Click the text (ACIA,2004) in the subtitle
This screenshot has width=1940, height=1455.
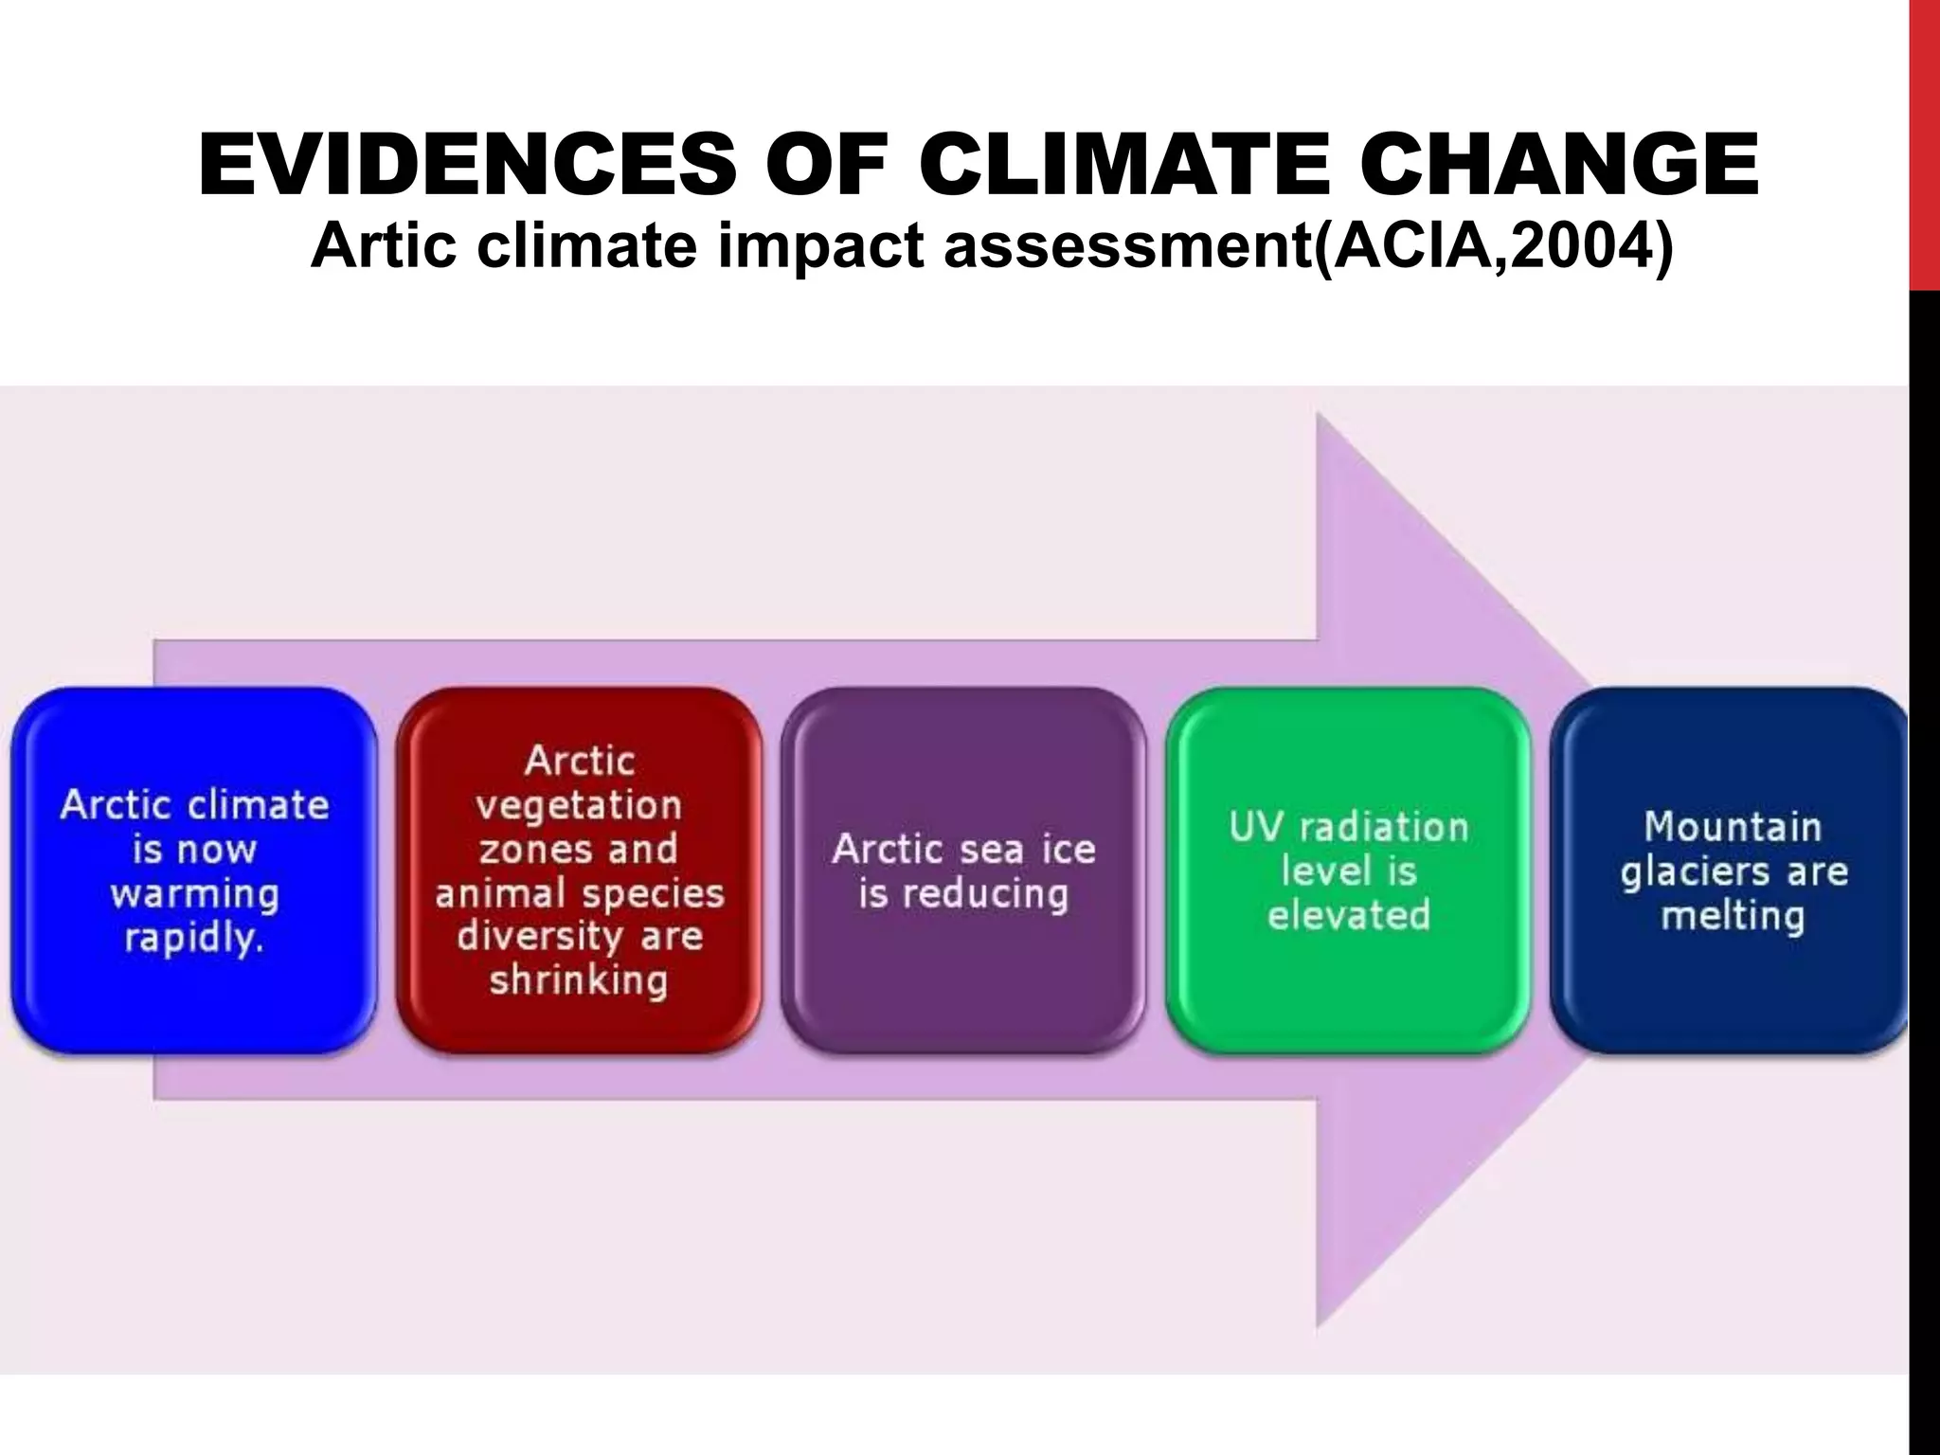click(1493, 245)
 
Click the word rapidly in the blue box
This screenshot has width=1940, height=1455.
click(193, 939)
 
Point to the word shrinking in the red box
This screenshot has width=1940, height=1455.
click(579, 981)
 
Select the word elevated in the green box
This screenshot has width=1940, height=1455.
click(1348, 916)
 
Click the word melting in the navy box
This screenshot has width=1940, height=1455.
click(1732, 917)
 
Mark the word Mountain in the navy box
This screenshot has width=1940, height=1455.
click(1732, 827)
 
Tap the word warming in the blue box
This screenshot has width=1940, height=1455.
click(194, 894)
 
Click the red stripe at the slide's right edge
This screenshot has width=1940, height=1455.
click(1924, 142)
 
